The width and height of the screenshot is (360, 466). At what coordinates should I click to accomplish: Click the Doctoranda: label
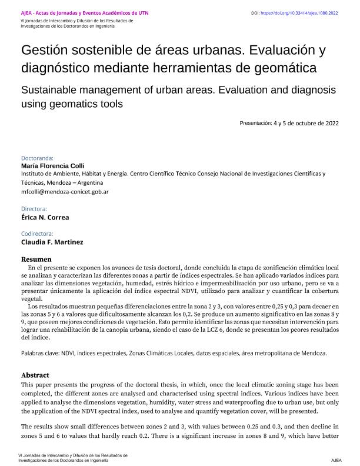click(37, 158)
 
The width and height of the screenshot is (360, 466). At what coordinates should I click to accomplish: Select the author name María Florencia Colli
click(53, 166)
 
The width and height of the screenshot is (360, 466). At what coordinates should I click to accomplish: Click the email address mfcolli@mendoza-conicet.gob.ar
click(65, 192)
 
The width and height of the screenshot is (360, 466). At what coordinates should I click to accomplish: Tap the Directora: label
click(34, 209)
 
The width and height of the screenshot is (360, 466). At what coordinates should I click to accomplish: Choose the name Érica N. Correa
click(45, 217)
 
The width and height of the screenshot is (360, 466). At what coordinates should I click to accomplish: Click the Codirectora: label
click(37, 234)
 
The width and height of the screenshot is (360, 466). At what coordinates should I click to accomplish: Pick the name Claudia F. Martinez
click(52, 242)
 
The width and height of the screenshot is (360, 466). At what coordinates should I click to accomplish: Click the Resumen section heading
click(36, 259)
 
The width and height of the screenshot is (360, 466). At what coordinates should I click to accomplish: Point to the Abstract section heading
click(35, 375)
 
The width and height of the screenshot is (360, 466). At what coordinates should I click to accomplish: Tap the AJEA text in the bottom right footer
click(336, 460)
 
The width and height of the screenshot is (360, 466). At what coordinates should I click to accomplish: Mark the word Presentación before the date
click(255, 123)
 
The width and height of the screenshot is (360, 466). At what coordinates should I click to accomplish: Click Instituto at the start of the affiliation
click(33, 175)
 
